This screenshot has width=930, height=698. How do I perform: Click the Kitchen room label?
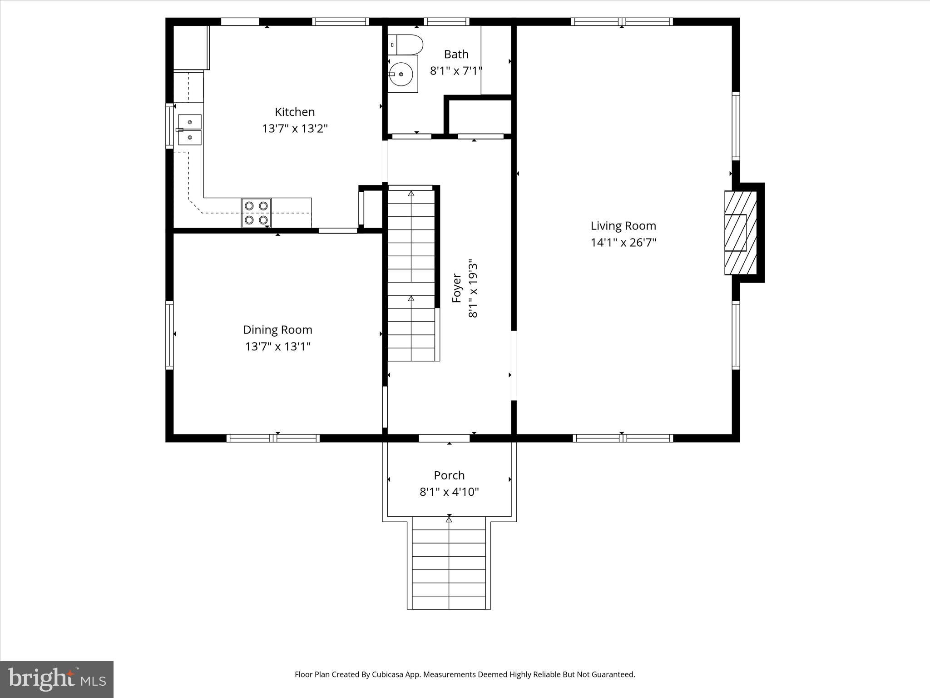point(295,112)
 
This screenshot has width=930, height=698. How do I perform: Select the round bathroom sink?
point(401,74)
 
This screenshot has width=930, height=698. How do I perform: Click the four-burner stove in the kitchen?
point(256,213)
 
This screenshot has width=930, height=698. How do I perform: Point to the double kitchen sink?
point(189,130)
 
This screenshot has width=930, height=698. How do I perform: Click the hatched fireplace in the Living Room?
point(740,233)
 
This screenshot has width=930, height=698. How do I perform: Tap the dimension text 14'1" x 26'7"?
point(623,243)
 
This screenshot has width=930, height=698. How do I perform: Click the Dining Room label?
point(277,330)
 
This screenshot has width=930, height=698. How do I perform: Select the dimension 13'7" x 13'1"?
point(277,347)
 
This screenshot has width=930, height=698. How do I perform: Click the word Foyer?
point(456,288)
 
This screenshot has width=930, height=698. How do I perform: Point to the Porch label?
point(449,475)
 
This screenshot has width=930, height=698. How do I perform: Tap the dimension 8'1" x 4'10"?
point(449,492)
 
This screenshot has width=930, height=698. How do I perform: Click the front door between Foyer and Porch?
point(444,438)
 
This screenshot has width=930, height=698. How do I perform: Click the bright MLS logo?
point(57,679)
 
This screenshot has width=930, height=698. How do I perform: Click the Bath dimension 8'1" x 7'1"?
point(456,71)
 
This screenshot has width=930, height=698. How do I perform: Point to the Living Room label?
point(623,226)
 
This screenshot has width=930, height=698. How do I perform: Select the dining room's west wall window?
point(169,335)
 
